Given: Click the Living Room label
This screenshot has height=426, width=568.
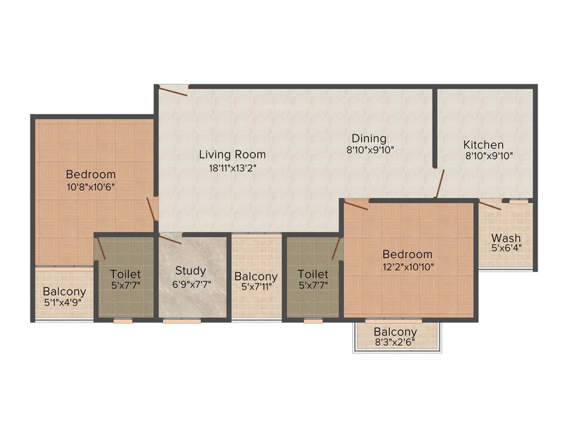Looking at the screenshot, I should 232,154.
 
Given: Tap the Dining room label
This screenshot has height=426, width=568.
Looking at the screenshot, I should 369,138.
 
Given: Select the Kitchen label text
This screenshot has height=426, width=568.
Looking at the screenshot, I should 484,145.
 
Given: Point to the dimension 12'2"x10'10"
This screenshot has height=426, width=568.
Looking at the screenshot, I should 407,266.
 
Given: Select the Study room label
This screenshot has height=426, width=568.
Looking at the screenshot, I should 190,271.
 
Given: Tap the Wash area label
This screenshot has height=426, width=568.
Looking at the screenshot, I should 506,238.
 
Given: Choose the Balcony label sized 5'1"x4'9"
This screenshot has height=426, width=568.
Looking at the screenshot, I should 64,291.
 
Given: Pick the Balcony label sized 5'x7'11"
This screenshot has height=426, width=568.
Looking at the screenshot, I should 256,276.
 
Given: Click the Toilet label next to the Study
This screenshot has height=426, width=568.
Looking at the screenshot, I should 125,274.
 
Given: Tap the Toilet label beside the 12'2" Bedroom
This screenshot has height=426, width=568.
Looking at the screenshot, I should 313,274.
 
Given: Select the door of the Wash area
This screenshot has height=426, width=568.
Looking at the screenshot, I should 490,205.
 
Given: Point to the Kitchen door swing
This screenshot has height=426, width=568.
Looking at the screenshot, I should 440,184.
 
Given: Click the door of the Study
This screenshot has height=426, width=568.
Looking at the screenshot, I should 170,239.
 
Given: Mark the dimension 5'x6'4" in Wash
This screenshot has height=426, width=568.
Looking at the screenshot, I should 506,248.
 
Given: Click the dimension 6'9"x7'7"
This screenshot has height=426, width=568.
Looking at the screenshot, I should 190,283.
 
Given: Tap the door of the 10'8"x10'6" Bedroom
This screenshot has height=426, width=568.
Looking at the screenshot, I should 151,209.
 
